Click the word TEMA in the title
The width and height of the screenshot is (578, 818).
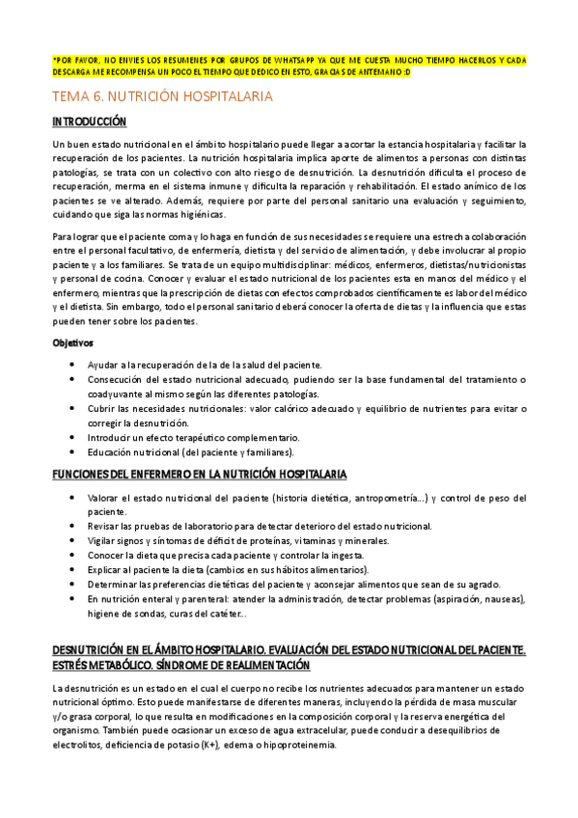[x=70, y=96]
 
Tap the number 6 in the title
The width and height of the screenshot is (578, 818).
[x=97, y=96]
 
